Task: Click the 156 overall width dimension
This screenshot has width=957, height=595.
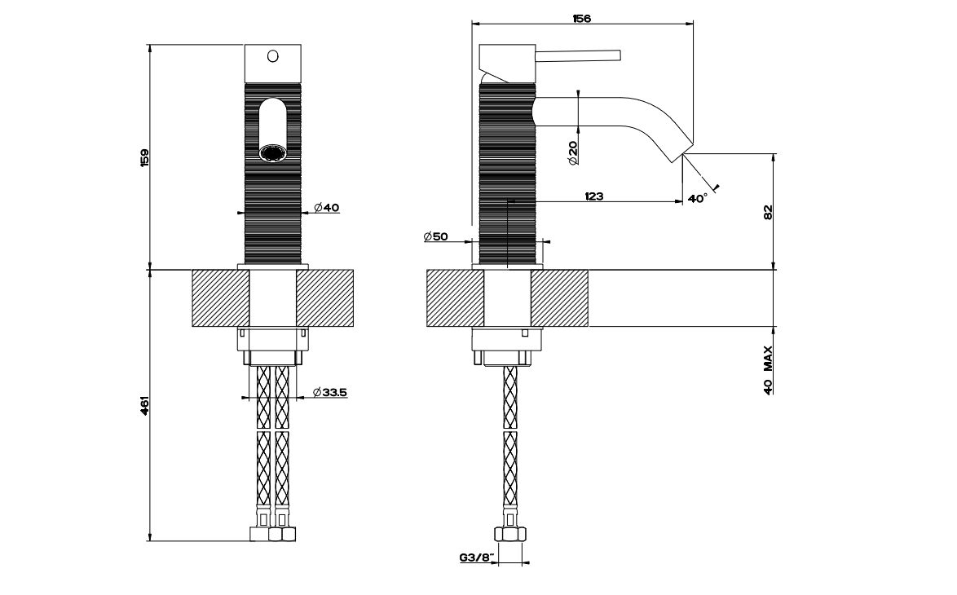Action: pyautogui.click(x=581, y=18)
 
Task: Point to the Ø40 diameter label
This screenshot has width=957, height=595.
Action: pyautogui.click(x=325, y=208)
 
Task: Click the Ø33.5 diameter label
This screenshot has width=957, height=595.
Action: pyautogui.click(x=329, y=392)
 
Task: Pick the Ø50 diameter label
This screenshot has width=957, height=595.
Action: pyautogui.click(x=436, y=236)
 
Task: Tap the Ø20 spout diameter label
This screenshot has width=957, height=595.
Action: pyautogui.click(x=572, y=152)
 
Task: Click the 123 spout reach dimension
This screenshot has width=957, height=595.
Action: pyautogui.click(x=593, y=196)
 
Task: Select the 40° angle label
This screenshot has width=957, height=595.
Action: pyautogui.click(x=697, y=198)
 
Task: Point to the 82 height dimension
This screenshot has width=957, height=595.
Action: pyautogui.click(x=767, y=212)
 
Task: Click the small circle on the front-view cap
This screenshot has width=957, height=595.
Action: pyautogui.click(x=273, y=56)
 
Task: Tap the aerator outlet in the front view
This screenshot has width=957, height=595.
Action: pyautogui.click(x=272, y=152)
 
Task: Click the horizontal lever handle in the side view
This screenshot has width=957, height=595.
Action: pyautogui.click(x=578, y=55)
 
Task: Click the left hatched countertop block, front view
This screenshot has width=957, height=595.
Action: pyautogui.click(x=220, y=298)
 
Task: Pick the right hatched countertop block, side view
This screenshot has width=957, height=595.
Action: pyautogui.click(x=559, y=298)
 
